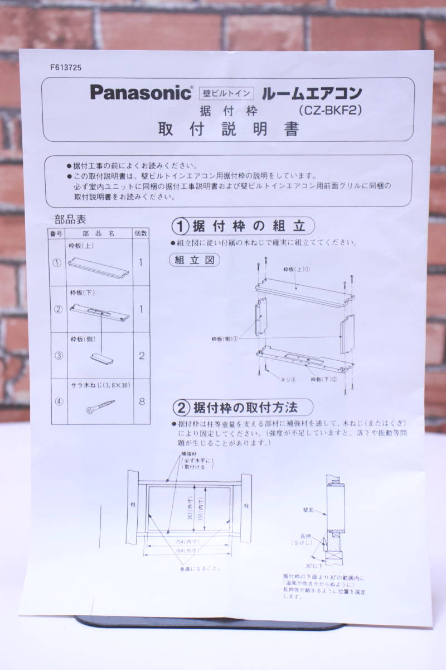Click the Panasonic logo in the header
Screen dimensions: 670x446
(140, 93)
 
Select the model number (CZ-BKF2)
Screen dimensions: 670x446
(331, 111)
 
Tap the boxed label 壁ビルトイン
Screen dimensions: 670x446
(226, 93)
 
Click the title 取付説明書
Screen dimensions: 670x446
(229, 130)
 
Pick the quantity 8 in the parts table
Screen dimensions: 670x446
(141, 401)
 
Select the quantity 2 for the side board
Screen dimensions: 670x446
(141, 356)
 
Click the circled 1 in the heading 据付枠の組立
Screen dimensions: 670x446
(180, 227)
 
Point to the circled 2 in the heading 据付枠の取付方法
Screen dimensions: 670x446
(180, 406)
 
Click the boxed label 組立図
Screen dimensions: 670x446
(194, 260)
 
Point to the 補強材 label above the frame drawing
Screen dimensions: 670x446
(187, 454)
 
